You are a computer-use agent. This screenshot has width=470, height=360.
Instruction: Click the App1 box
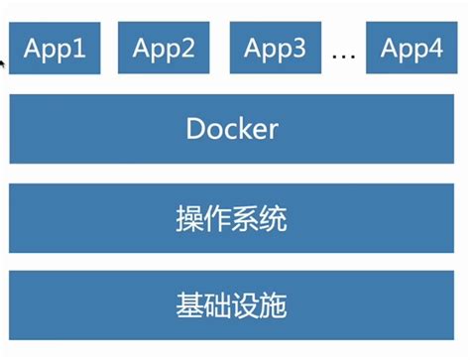coord(56,49)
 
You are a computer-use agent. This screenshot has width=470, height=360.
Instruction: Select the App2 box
coord(164,49)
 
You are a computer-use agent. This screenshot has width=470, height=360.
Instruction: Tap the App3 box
coord(274,49)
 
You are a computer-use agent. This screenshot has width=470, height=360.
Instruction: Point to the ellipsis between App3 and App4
coord(343,55)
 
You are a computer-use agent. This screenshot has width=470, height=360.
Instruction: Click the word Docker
coord(231,129)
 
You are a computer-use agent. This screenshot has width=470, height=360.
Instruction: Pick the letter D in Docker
coord(194,129)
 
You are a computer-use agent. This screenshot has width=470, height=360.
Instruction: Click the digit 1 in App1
coord(79,49)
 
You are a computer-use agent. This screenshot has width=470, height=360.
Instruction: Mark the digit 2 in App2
coord(187,49)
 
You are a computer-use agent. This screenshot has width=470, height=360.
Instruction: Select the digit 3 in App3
coord(298,49)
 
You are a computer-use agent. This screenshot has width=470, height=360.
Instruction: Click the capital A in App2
coord(141,49)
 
